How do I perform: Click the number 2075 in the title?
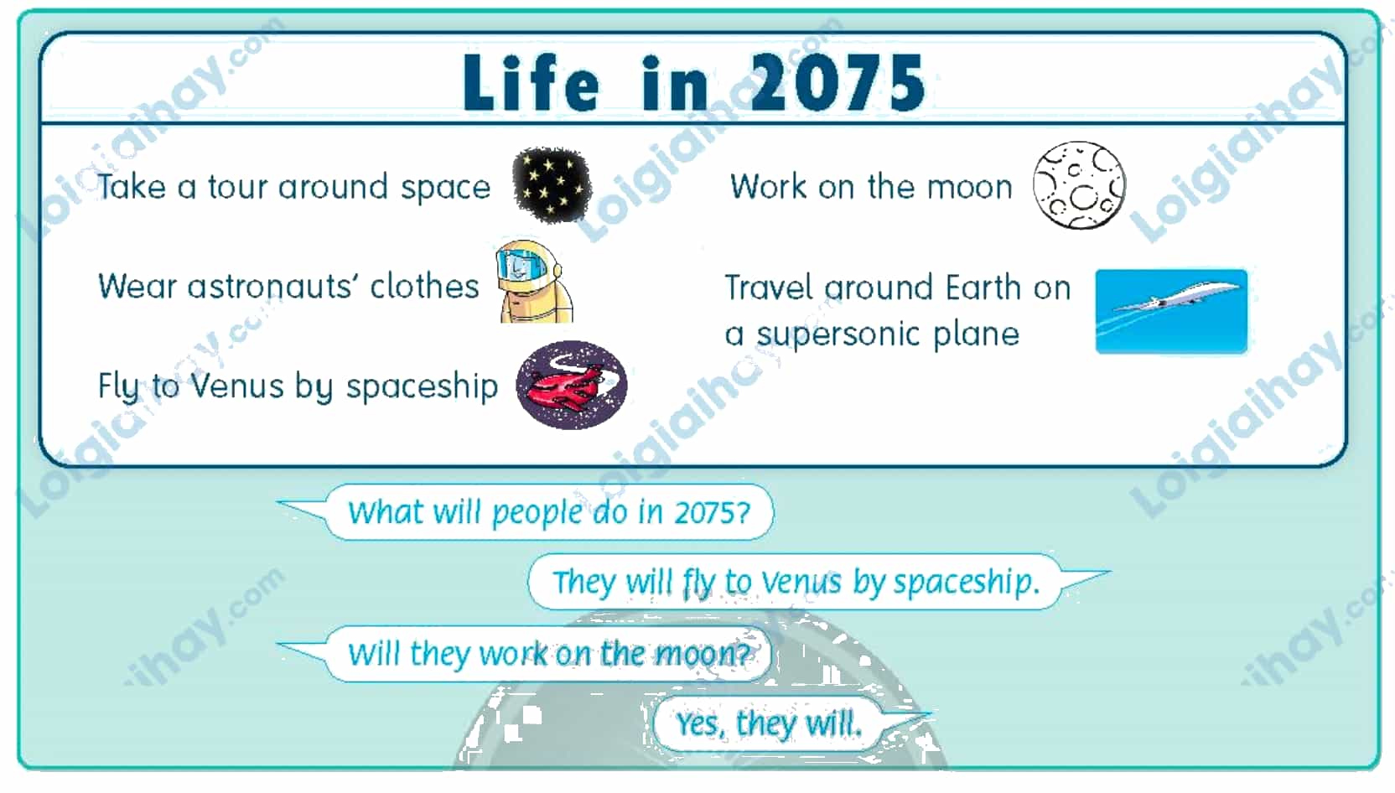pyautogui.click(x=838, y=82)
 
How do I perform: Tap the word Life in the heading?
pyautogui.click(x=532, y=82)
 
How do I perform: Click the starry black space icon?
pyautogui.click(x=551, y=185)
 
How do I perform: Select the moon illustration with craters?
pyautogui.click(x=1079, y=185)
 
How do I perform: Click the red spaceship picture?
pyautogui.click(x=572, y=385)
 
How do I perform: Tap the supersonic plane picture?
pyautogui.click(x=1171, y=312)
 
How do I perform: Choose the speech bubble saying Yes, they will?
pyautogui.click(x=769, y=724)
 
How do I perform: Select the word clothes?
pyautogui.click(x=425, y=287)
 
